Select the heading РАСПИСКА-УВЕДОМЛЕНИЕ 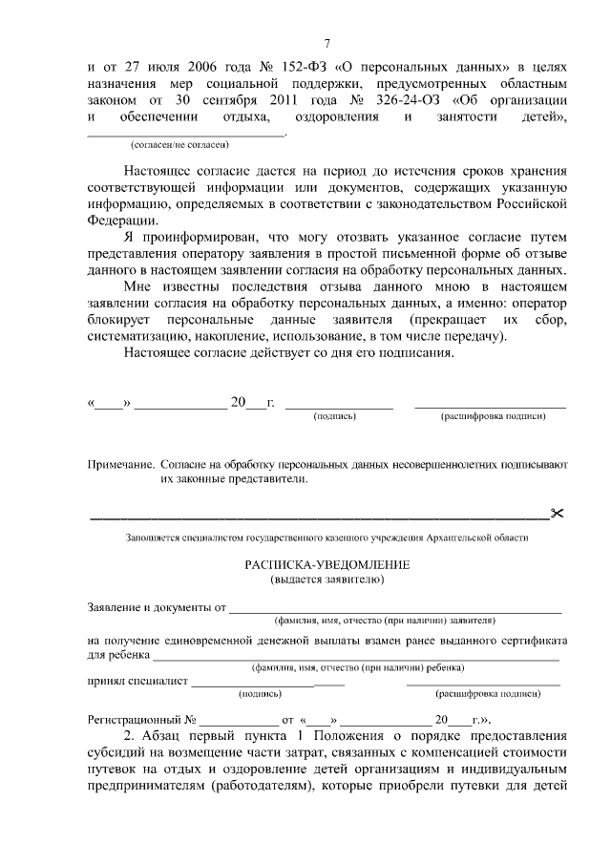tap(327, 565)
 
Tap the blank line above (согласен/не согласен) tap(173, 135)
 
